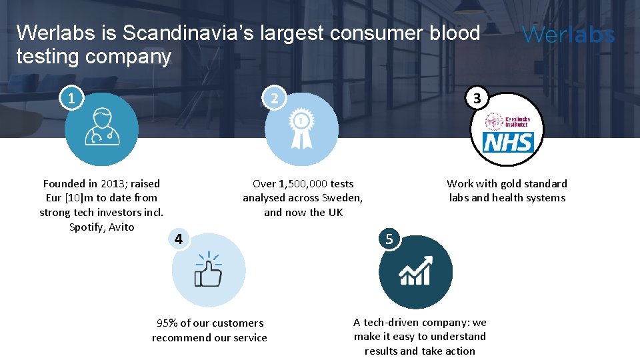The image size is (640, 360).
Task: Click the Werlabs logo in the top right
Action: click(569, 35)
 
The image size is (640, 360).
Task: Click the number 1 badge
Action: click(71, 99)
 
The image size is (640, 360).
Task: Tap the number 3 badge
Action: click(476, 99)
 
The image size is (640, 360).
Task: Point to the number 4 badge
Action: click(178, 239)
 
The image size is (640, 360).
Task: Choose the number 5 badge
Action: click(390, 239)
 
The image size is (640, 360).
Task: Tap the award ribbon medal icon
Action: click(301, 129)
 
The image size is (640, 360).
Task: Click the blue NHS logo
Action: click(508, 141)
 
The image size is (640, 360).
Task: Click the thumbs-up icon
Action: click(208, 270)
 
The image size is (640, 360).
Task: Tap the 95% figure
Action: click(167, 323)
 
